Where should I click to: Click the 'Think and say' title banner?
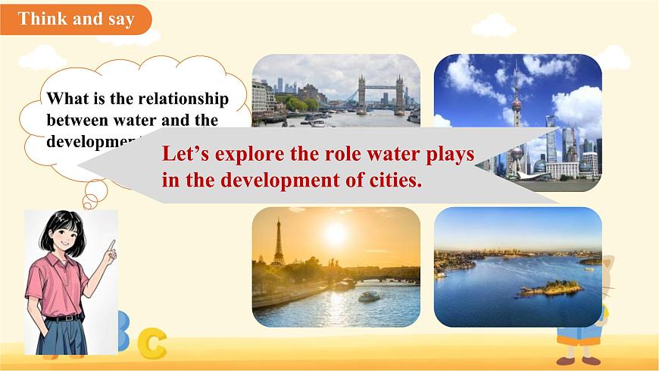pyautogui.click(x=76, y=19)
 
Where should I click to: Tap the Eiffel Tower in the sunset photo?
pyautogui.click(x=278, y=243)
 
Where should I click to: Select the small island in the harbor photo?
pyautogui.click(x=551, y=288)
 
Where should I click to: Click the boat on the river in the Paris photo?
pyautogui.click(x=370, y=296)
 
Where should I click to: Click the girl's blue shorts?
pyautogui.click(x=61, y=334)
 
